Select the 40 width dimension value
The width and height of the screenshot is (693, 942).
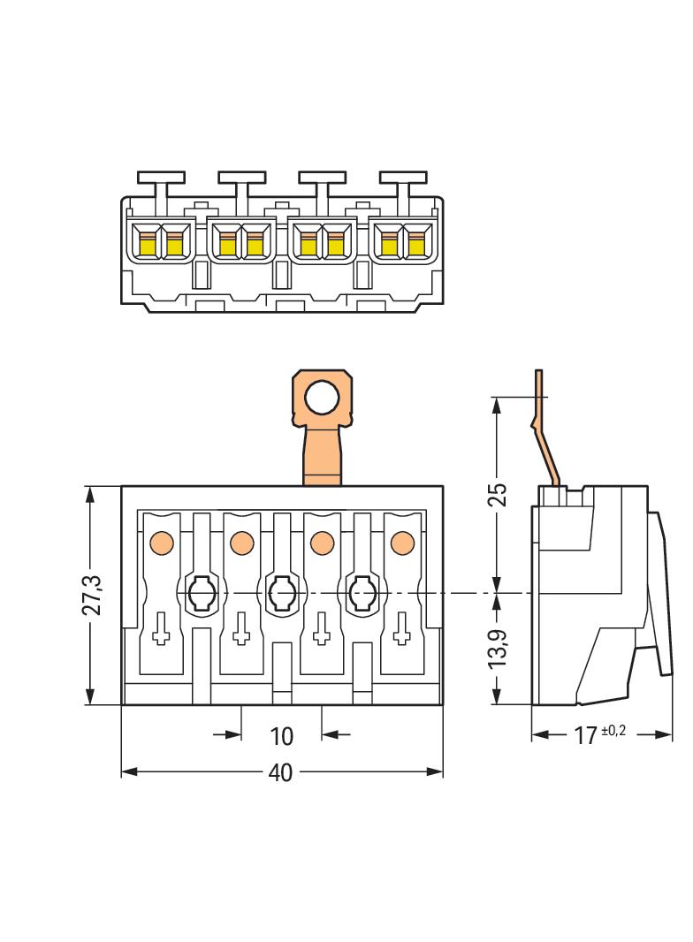pos(280,772)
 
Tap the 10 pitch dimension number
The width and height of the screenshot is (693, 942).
pos(280,735)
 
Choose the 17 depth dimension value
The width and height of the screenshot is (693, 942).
pos(585,735)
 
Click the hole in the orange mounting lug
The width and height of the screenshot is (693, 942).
pos(322,399)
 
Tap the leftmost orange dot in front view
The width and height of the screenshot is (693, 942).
pos(161,541)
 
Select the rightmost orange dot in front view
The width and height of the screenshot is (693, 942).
pos(402,541)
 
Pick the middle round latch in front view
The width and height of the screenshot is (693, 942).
pos(281,592)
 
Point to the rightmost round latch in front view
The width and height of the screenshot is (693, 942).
pos(362,592)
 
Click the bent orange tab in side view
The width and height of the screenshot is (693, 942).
pos(546,433)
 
